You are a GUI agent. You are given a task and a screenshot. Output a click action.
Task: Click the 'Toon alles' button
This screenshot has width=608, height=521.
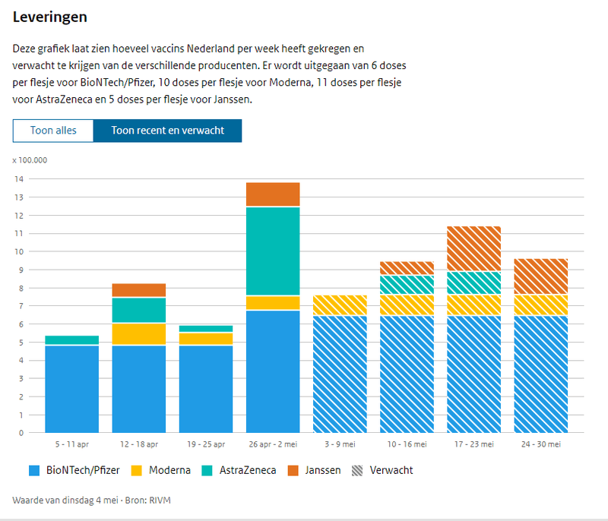click(53, 131)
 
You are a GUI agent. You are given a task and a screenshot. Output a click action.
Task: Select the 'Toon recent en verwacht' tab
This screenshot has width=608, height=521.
click(167, 131)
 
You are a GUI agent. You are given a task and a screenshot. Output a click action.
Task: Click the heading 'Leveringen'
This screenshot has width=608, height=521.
click(49, 16)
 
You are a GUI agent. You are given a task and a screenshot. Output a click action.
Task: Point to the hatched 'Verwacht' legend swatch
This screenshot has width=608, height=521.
click(357, 470)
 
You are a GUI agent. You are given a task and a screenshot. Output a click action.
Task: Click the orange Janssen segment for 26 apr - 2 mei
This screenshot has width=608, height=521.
click(273, 194)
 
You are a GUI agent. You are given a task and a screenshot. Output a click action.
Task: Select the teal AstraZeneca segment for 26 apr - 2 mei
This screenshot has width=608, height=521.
click(273, 251)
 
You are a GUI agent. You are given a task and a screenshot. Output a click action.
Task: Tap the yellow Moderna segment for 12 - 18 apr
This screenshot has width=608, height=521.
click(138, 334)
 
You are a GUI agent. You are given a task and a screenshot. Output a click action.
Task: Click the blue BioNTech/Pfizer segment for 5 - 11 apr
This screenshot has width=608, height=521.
click(71, 389)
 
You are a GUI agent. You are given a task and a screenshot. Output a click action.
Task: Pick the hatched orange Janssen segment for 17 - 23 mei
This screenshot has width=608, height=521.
click(473, 248)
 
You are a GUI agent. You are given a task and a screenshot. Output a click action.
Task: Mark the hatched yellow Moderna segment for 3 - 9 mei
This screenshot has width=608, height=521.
click(340, 305)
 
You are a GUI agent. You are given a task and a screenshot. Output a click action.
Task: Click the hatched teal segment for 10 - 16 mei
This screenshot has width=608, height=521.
click(407, 285)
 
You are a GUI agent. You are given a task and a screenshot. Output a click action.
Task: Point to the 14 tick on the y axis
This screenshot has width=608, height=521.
click(20, 179)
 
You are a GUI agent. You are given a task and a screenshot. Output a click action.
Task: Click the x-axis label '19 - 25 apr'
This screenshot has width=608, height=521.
click(206, 444)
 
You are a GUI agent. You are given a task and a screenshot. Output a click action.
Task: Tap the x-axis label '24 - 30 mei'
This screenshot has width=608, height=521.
click(540, 444)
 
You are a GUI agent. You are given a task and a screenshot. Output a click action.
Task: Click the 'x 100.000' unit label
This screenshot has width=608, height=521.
click(30, 160)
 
